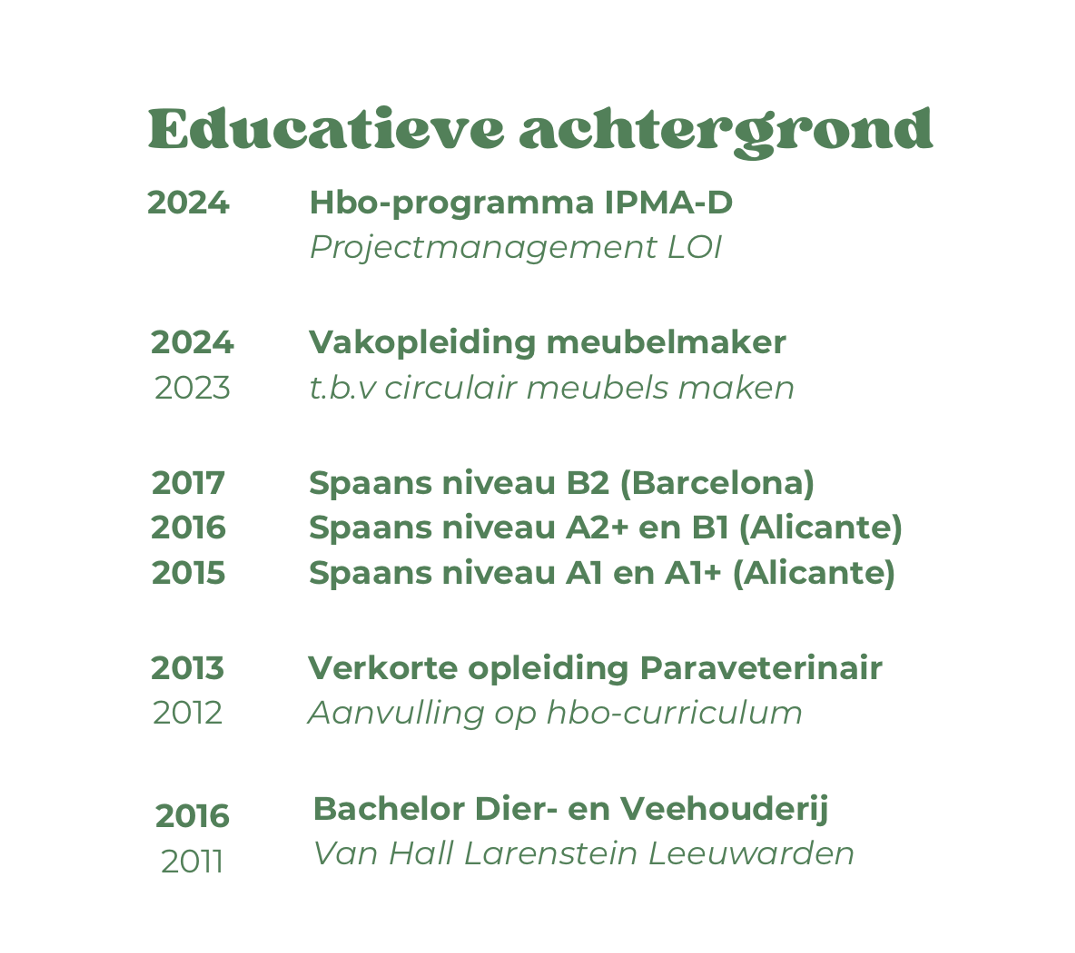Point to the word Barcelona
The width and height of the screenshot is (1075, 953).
718,483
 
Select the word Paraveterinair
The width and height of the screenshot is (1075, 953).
761,668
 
